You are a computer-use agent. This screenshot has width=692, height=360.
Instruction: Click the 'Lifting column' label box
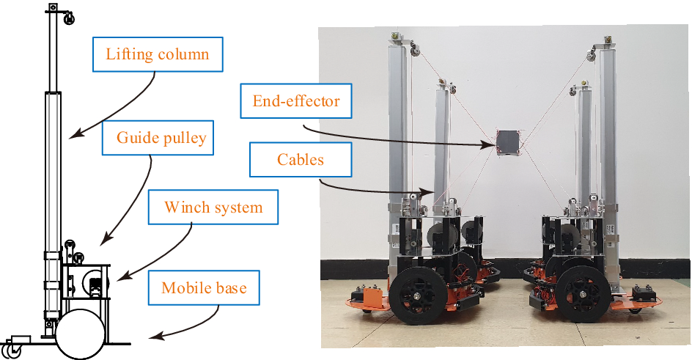157,55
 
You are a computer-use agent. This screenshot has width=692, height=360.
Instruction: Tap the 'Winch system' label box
213,207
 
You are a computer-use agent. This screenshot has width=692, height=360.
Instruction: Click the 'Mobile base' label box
204,288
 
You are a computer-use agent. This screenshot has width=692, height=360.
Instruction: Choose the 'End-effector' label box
296,100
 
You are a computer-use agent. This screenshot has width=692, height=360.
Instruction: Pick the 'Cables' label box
301,159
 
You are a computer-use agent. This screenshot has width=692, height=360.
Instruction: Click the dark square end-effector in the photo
507,142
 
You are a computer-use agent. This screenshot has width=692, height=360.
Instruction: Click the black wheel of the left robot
412,298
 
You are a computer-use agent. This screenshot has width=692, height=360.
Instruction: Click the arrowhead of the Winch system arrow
117,279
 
